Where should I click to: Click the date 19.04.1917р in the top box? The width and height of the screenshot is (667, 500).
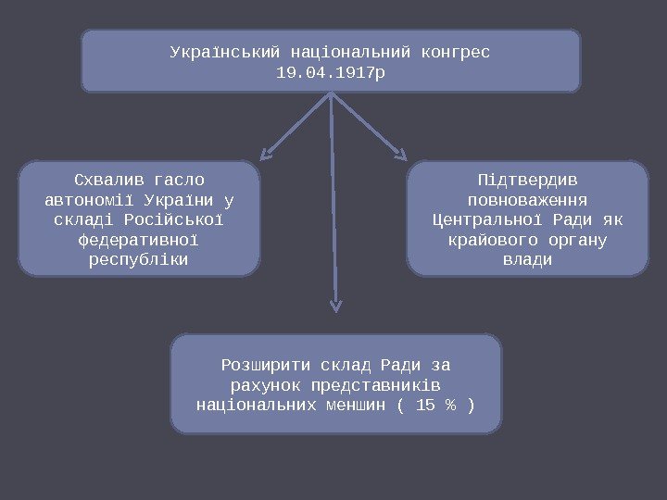tap(330, 70)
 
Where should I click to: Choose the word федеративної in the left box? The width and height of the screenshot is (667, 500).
tap(139, 240)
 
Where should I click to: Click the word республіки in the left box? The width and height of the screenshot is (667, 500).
tap(139, 260)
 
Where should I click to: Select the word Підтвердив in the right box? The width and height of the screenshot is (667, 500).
tap(526, 179)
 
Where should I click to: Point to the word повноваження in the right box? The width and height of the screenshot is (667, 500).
tap(526, 199)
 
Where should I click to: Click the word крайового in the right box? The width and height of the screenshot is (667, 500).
tap(490, 240)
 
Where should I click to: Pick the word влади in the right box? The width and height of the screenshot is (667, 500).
tap(526, 260)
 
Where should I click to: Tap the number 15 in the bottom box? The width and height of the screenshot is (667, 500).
tap(425, 406)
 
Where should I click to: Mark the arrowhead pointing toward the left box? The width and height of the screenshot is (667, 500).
tap(266, 155)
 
